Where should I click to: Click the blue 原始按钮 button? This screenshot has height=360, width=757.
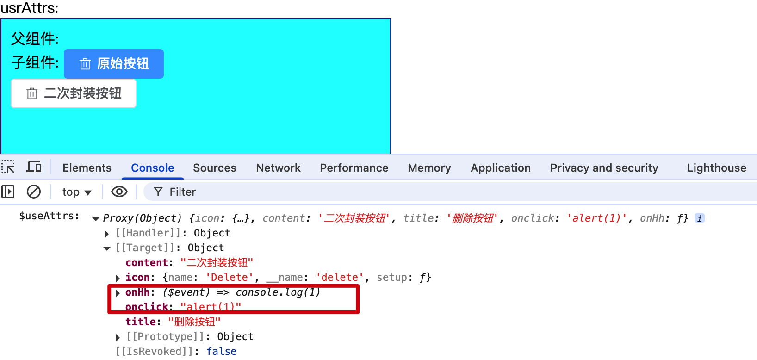[114, 64]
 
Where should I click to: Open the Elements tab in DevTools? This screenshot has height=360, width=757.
[87, 168]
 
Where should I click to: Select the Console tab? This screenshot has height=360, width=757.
[153, 168]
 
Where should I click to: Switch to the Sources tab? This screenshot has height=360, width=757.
[215, 168]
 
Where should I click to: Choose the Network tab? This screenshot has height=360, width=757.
[278, 168]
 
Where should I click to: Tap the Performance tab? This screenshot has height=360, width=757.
[354, 168]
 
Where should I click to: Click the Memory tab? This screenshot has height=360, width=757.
[429, 168]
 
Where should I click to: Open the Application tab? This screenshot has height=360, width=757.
[501, 168]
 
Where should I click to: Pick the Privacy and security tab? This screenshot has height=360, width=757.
[604, 168]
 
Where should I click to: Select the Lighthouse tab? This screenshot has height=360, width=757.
[716, 168]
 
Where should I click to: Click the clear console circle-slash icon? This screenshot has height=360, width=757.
[34, 192]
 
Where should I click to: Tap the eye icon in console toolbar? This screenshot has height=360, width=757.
[119, 192]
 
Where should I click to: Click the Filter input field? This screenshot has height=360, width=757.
[416, 192]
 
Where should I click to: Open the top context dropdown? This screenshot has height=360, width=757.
[77, 192]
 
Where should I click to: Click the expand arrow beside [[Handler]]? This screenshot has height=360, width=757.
[107, 234]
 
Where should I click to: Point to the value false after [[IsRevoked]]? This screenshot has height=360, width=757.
[221, 352]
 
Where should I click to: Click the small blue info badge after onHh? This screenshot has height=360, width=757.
[700, 218]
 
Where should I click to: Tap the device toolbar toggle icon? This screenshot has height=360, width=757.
[34, 167]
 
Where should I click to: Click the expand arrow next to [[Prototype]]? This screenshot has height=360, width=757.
[118, 337]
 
